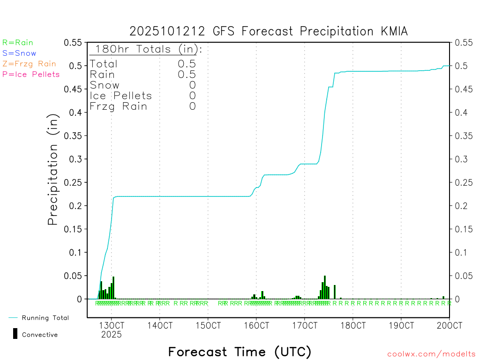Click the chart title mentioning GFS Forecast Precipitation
[269, 31]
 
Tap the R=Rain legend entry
[18, 43]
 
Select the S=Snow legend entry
[19, 53]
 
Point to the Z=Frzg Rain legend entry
[29, 64]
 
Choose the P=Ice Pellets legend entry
[31, 74]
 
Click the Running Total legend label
[45, 318]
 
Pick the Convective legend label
[40, 335]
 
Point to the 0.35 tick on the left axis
[73, 136]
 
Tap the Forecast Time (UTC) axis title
[240, 352]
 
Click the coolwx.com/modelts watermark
[431, 354]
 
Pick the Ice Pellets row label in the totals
[121, 96]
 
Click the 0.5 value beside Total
[187, 64]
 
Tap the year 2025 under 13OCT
[112, 335]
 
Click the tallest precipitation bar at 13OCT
[113, 287]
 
